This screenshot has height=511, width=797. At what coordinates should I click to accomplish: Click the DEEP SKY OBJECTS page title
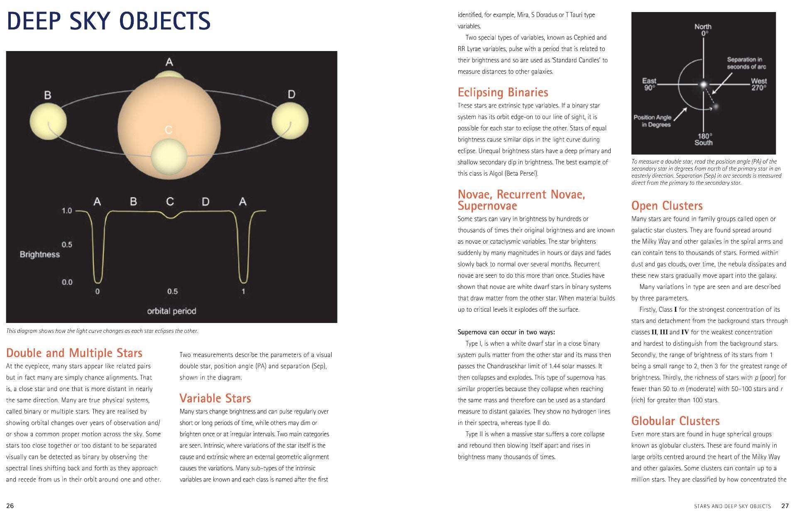click(x=109, y=22)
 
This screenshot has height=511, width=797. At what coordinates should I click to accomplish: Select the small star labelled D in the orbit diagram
click(x=290, y=121)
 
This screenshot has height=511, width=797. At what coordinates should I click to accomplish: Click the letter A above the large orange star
click(x=169, y=62)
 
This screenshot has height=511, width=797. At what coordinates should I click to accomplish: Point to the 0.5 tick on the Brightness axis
click(x=67, y=244)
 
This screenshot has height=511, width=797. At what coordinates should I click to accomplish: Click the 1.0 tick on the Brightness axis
click(x=67, y=211)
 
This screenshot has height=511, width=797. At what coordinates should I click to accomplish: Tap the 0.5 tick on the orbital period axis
click(x=172, y=291)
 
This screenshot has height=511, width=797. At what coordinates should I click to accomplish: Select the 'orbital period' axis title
click(x=171, y=311)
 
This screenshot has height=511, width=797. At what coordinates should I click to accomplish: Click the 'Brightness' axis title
click(x=40, y=254)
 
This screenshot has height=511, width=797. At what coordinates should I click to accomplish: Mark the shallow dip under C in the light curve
click(x=170, y=217)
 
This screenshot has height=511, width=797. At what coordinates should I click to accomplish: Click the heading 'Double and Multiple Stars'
click(x=74, y=353)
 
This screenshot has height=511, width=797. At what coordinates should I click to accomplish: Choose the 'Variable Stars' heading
click(x=215, y=399)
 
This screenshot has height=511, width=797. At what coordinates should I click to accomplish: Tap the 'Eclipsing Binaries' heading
click(x=503, y=92)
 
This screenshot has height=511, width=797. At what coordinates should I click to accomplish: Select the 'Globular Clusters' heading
click(x=675, y=421)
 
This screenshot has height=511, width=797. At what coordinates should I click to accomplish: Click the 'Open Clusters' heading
click(x=667, y=206)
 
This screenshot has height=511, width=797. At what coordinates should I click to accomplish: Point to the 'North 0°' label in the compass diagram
click(x=703, y=30)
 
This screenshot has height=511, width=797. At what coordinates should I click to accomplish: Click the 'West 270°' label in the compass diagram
click(x=759, y=84)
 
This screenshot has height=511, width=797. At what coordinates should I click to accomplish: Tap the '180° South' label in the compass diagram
click(x=704, y=139)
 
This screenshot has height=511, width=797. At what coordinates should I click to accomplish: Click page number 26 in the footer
click(x=10, y=505)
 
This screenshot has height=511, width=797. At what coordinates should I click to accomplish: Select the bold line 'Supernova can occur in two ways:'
click(x=506, y=332)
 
